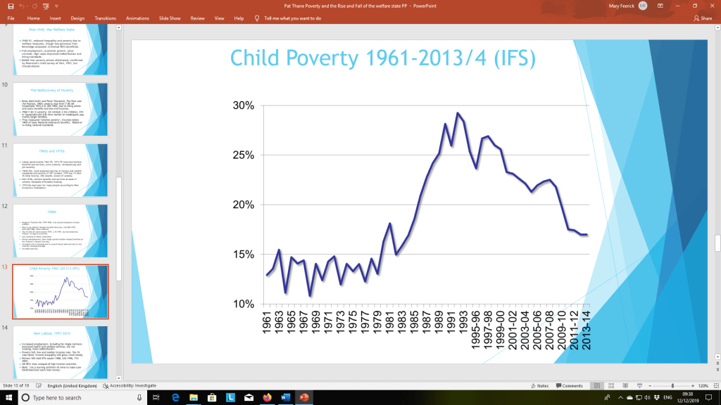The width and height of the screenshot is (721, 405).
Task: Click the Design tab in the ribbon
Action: coord(77,18)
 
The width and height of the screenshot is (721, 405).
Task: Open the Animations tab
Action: coord(137,18)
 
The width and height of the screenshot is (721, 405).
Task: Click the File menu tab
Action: coord(11,18)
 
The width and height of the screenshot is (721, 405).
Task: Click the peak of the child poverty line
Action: coord(458,113)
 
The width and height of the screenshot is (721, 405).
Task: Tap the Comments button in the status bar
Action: coord(569,385)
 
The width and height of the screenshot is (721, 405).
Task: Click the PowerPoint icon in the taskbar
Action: coord(304,398)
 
